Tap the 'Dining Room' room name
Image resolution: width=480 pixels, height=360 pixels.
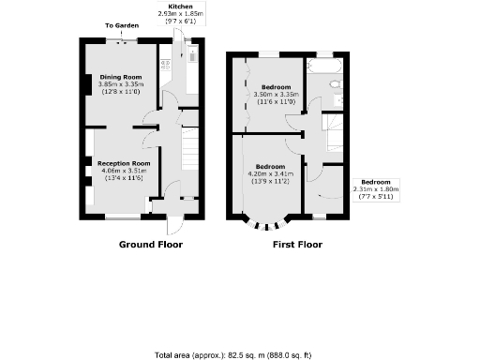point(121,76)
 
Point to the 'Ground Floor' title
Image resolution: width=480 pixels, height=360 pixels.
point(150,245)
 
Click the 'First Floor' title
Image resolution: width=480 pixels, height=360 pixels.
point(297,245)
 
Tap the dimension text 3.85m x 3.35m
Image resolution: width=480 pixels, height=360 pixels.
point(121,83)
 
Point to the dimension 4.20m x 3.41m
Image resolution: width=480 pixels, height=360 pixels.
point(270,173)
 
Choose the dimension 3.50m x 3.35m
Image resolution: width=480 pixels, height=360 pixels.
point(275,95)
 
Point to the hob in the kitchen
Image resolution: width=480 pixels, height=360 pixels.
point(166,67)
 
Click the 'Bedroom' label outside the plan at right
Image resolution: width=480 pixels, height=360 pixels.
point(376,181)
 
